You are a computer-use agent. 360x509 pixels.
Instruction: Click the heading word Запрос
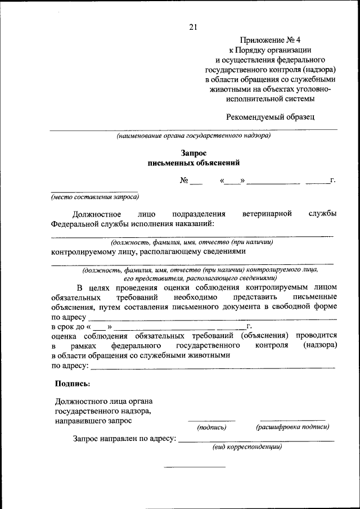point(193,153)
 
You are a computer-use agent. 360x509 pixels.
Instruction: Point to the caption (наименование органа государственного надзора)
point(193,136)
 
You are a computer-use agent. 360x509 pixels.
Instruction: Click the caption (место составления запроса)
point(94,197)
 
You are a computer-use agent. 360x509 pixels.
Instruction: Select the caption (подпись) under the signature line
point(211,427)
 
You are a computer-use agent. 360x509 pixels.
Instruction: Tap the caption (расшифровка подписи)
point(292,427)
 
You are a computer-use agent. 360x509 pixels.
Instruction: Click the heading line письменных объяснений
point(193,163)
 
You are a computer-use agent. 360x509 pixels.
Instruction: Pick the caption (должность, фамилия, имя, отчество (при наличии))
point(192,242)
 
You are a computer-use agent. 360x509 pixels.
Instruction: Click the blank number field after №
point(195,182)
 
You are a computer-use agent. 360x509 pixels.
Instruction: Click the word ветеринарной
point(267,214)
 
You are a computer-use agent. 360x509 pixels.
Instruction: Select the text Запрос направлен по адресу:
point(124,438)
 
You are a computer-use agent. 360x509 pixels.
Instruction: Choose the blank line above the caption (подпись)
point(211,420)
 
